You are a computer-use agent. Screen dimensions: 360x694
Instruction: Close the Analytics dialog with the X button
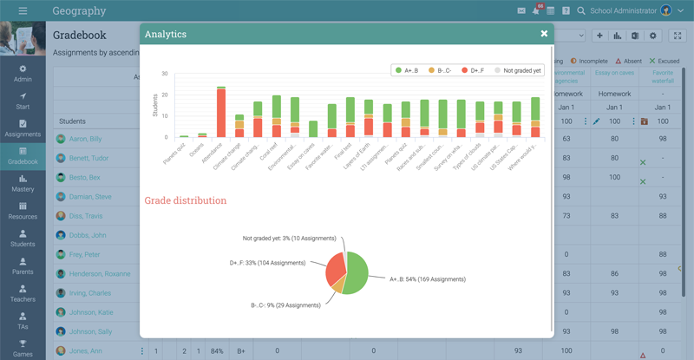pyautogui.click(x=544, y=34)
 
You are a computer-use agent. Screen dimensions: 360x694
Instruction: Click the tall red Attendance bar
pyautogui.click(x=221, y=113)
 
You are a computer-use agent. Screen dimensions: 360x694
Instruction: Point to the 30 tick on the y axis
pyautogui.click(x=164, y=74)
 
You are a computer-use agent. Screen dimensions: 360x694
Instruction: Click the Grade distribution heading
pyautogui.click(x=187, y=200)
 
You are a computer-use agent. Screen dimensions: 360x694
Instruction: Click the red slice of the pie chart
pyautogui.click(x=335, y=270)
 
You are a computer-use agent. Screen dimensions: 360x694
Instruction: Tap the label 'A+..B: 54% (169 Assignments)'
pyautogui.click(x=427, y=279)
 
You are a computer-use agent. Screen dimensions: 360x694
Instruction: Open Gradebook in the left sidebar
pyautogui.click(x=23, y=155)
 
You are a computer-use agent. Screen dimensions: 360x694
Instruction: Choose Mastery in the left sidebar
pyautogui.click(x=23, y=183)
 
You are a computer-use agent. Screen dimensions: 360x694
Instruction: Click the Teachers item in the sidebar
pyautogui.click(x=23, y=293)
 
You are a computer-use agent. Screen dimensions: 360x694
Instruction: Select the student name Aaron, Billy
pyautogui.click(x=85, y=139)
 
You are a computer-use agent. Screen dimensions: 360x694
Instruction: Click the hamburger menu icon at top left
pyautogui.click(x=23, y=11)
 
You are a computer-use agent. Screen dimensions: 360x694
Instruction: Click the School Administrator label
pyautogui.click(x=622, y=11)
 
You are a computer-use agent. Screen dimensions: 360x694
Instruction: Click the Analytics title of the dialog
pyautogui.click(x=165, y=34)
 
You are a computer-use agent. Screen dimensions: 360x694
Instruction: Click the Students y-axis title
pyautogui.click(x=156, y=106)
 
